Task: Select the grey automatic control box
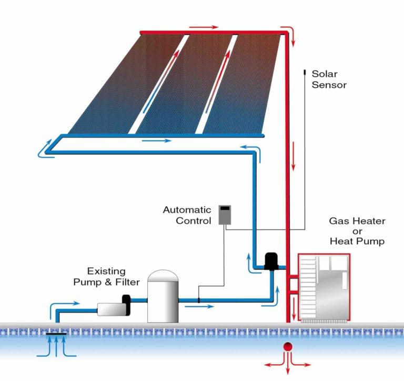pyautogui.click(x=225, y=214)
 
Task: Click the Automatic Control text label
pyautogui.click(x=187, y=215)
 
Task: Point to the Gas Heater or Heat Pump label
pyautogui.click(x=357, y=231)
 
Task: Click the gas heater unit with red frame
pyautogui.click(x=324, y=287)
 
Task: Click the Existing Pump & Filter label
pyautogui.click(x=107, y=277)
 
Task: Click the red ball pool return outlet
pyautogui.click(x=288, y=347)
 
